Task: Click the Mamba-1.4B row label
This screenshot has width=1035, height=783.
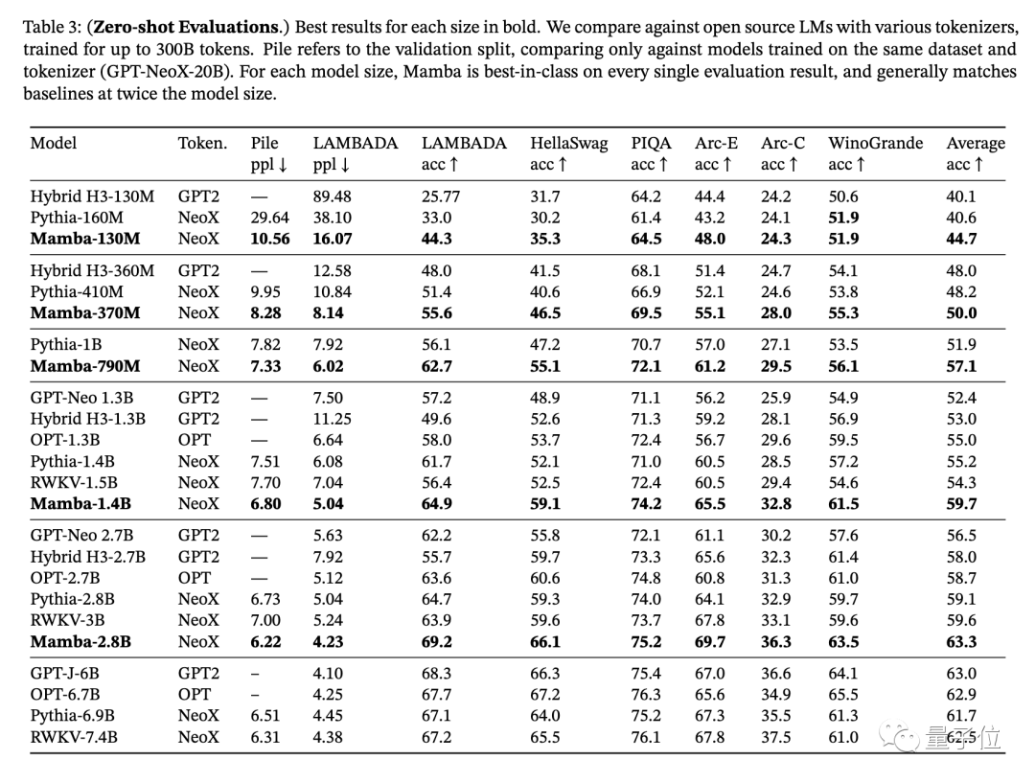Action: pos(80,503)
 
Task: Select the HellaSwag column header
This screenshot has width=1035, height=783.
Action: pos(568,144)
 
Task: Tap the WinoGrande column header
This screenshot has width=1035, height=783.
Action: pos(875,144)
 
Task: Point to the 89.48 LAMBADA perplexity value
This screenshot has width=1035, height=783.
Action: pos(332,196)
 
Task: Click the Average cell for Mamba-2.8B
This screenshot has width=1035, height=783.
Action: pos(961,641)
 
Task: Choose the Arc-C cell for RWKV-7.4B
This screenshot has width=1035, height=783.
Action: pos(777,736)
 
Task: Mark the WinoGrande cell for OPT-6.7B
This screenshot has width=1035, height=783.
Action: pos(843,694)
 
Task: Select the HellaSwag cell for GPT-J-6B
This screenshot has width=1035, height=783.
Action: pos(545,673)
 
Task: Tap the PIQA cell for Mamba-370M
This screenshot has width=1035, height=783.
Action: pos(647,312)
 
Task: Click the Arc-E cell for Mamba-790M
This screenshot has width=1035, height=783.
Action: pos(710,365)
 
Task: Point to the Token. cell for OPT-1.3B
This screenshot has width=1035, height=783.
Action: pos(194,440)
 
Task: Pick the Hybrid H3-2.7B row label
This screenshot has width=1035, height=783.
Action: pos(88,557)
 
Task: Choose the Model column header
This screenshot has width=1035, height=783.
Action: pos(54,144)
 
